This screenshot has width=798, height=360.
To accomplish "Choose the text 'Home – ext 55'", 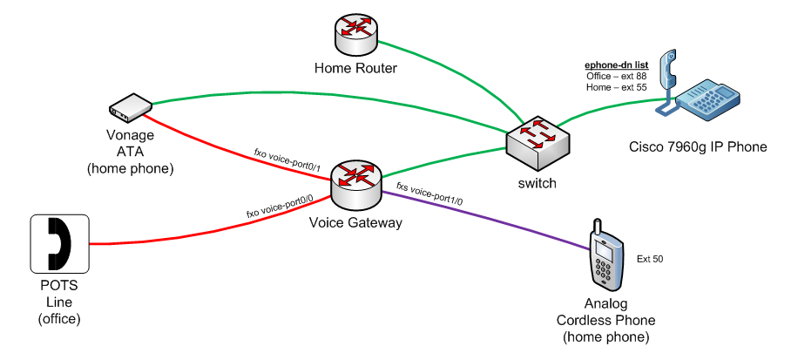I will [x=617, y=87].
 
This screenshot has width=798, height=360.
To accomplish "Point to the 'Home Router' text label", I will [x=355, y=68].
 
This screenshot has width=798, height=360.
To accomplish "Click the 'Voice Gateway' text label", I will [x=355, y=223].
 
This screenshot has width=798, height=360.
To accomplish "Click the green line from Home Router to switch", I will [x=444, y=77].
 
